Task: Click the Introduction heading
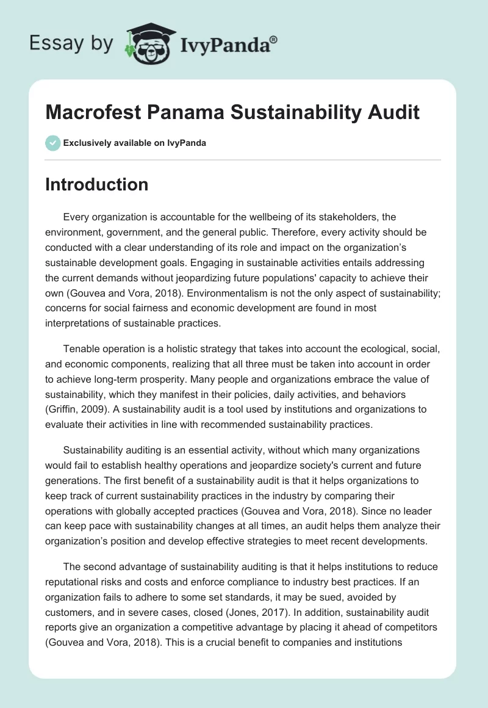pyautogui.click(x=96, y=184)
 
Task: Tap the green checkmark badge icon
pyautogui.click(x=52, y=143)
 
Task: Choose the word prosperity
pyautogui.click(x=193, y=378)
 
